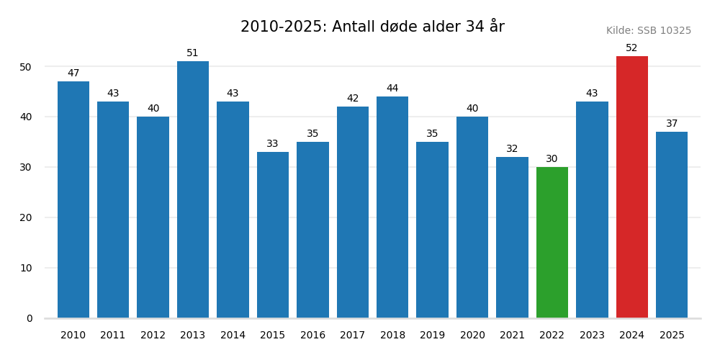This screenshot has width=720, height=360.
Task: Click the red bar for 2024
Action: (631, 187)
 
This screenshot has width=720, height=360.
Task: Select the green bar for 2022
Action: (552, 243)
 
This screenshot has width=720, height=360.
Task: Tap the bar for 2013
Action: (193, 189)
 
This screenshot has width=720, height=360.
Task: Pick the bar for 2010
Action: (73, 199)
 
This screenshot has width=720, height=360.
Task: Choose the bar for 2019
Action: (432, 230)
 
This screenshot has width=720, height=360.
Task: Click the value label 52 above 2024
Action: (631, 48)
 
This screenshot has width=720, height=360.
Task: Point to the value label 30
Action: (552, 159)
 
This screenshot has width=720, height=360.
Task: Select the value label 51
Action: (193, 53)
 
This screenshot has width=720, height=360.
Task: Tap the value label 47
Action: (73, 73)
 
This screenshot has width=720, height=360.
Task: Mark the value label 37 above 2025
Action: (672, 124)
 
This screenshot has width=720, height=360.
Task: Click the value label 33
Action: (273, 144)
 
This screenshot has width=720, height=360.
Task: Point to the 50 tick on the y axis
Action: (26, 67)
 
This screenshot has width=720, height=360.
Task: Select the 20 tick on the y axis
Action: (26, 217)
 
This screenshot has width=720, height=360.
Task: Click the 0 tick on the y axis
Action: (30, 318)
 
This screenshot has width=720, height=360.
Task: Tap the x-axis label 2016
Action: (312, 336)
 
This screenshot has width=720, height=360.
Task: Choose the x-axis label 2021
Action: (512, 336)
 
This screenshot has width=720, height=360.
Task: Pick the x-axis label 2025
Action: (672, 336)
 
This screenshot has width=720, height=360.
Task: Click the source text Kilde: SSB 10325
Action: (649, 31)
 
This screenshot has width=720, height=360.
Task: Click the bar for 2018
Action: (392, 207)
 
